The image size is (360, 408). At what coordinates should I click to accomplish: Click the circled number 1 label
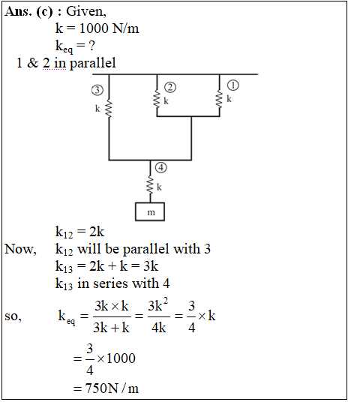coord(232,85)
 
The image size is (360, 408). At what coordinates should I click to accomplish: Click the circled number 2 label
coord(170,87)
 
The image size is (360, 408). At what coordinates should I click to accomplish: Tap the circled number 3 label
coord(97,90)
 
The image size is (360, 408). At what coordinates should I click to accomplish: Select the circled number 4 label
coord(161,167)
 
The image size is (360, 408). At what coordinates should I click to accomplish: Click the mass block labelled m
coord(150,211)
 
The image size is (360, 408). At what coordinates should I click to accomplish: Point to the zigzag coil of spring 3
coord(109,109)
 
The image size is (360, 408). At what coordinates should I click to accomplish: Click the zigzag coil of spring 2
coord(157,99)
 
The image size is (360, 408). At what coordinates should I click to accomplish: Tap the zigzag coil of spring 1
coord(219,99)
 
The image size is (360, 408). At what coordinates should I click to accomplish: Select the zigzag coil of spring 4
coord(150,184)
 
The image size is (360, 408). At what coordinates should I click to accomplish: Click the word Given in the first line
coord(86,11)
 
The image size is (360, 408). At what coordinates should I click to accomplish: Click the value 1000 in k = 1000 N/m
coord(95,28)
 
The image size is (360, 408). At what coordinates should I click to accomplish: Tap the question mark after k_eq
coord(91,46)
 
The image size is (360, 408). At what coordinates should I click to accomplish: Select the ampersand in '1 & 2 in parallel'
coord(32,63)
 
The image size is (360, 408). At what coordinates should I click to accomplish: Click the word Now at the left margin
coord(20,249)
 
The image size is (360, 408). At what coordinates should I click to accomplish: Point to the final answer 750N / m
coord(112,388)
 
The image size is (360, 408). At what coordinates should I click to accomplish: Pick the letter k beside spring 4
coord(159,187)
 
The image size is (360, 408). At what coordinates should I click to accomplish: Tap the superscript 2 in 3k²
coord(166,301)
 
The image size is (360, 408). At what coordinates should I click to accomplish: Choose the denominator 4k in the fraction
coord(159,328)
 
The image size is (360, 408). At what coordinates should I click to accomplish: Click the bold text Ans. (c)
coord(28,12)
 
